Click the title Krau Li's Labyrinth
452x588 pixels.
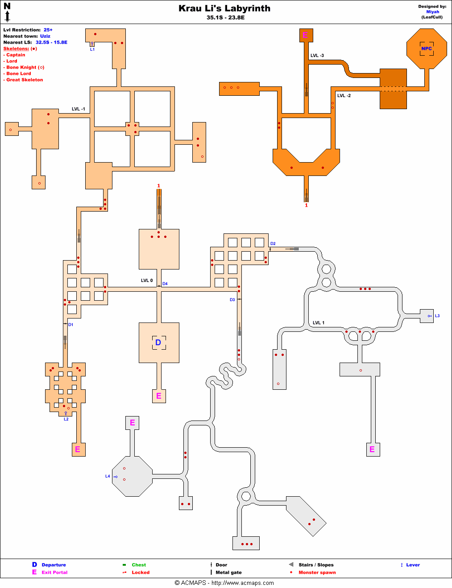click(x=224, y=8)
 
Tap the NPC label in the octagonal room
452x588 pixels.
click(x=427, y=49)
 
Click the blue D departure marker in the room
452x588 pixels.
click(x=158, y=343)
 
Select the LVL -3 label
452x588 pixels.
click(x=317, y=56)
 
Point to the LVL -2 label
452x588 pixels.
click(x=344, y=96)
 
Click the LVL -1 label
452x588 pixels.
click(x=79, y=109)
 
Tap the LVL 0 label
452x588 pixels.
click(x=147, y=281)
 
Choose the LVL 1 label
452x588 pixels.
click(x=319, y=323)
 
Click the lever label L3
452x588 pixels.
click(x=437, y=316)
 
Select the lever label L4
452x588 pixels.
click(x=108, y=476)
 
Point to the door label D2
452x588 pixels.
click(x=273, y=244)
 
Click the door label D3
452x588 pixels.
click(x=232, y=300)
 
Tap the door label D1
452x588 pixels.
click(x=71, y=325)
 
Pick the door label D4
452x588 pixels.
click(x=165, y=284)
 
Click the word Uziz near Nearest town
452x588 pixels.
click(x=45, y=36)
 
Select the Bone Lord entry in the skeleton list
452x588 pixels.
click(x=19, y=73)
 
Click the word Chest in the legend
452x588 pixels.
click(x=139, y=565)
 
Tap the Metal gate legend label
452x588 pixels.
click(x=228, y=572)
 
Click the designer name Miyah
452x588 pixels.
click(x=432, y=12)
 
